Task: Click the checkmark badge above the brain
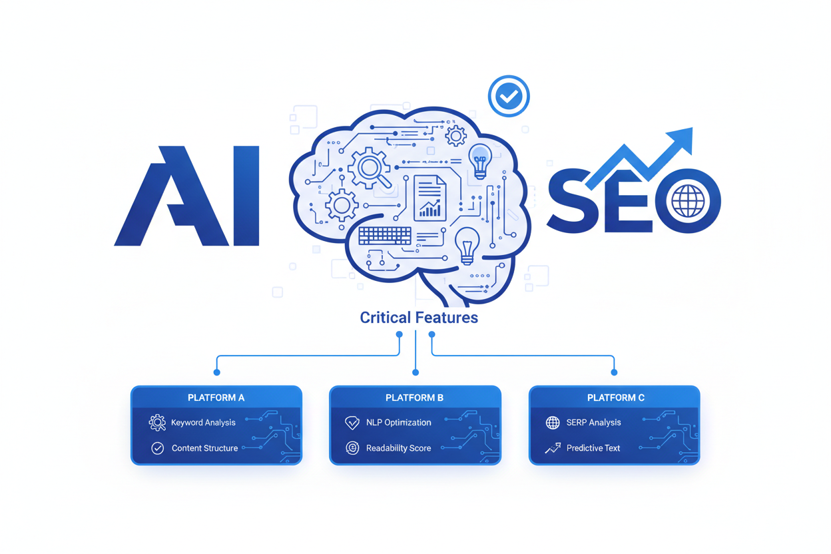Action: click(x=509, y=96)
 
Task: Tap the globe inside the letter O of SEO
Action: click(x=688, y=201)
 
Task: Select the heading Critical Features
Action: click(x=419, y=318)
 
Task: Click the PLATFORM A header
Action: click(x=216, y=398)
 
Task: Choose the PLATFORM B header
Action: click(x=414, y=398)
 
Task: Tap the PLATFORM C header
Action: click(x=615, y=398)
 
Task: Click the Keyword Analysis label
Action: click(x=203, y=423)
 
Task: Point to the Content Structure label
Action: click(x=205, y=448)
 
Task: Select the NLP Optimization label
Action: click(x=399, y=423)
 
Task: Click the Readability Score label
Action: click(x=398, y=448)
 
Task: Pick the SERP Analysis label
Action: click(x=593, y=423)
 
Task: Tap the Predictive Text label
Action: click(x=593, y=448)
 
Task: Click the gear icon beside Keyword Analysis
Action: click(x=157, y=423)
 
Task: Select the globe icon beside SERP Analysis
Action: click(x=553, y=423)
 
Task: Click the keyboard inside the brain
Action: click(x=385, y=236)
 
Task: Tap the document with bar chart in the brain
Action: click(x=430, y=198)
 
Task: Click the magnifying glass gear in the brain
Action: click(x=370, y=168)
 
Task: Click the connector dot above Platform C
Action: click(x=614, y=372)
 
